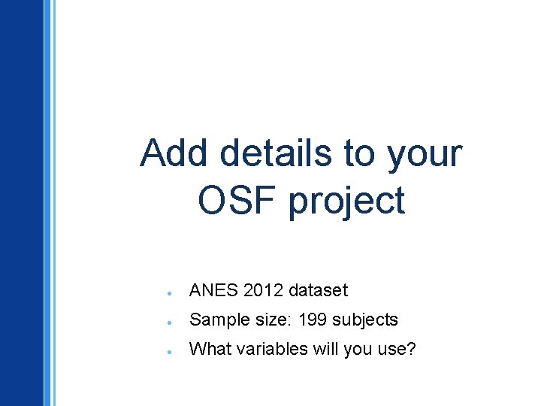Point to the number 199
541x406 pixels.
coord(313,320)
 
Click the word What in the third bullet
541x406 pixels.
coord(208,349)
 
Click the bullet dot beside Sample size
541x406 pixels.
coord(172,322)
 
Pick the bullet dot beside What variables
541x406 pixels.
coord(172,351)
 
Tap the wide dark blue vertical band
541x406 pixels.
coord(21,203)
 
